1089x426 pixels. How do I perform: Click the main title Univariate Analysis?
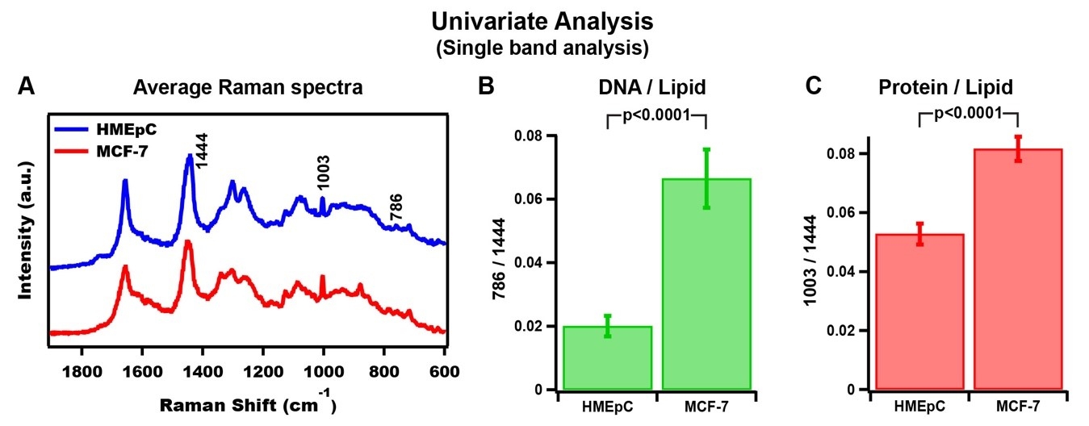pyautogui.click(x=542, y=19)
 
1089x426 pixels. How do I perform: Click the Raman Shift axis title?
pyautogui.click(x=242, y=404)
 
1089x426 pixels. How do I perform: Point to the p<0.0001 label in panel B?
pyautogui.click(x=656, y=115)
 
